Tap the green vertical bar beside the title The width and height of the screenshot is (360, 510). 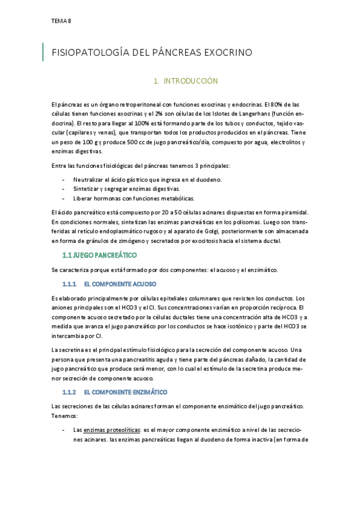point(43,52)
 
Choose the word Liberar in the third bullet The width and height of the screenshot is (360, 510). point(83,198)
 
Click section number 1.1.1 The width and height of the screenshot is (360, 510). point(70,283)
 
